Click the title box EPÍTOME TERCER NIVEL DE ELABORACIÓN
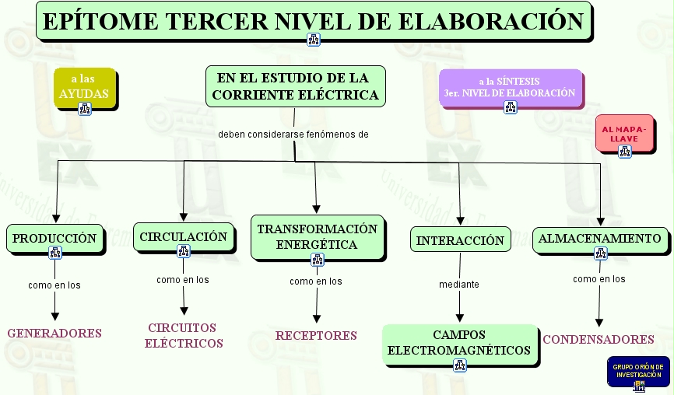[313, 20]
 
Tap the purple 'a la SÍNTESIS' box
[510, 86]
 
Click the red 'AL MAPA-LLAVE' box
[624, 132]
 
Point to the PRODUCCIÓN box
[54, 238]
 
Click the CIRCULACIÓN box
[184, 236]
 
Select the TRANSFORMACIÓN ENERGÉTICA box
[317, 236]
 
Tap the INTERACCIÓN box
[460, 240]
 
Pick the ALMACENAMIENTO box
[600, 238]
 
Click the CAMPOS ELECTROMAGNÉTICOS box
[459, 342]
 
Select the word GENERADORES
[54, 333]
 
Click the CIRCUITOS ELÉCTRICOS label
[184, 335]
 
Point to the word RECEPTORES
[316, 335]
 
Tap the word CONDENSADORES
[599, 339]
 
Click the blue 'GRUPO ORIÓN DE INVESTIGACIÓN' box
[638, 371]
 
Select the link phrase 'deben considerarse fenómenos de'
[293, 134]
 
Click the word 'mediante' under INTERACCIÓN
[459, 285]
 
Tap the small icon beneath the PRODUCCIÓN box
[54, 252]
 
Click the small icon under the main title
[314, 40]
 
